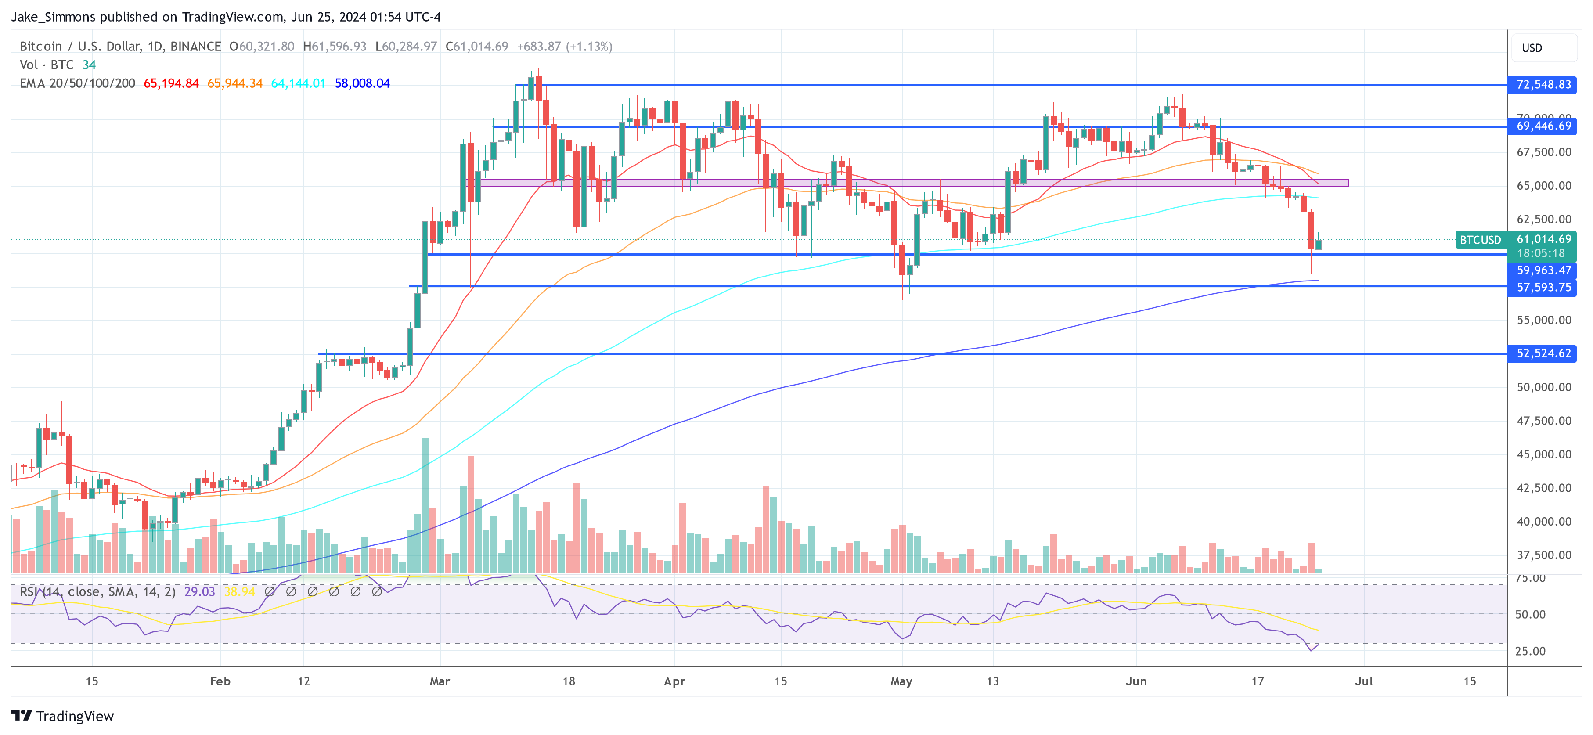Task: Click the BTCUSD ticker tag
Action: [1480, 240]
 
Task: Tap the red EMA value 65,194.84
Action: [171, 83]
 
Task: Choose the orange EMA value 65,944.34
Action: [235, 83]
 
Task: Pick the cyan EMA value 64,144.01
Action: [298, 83]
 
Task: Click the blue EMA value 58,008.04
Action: [362, 83]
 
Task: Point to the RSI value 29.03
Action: [200, 591]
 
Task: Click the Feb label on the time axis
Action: [220, 681]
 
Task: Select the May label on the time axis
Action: [901, 681]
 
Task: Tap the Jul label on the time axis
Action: [1363, 681]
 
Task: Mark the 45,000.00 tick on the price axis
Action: [1543, 454]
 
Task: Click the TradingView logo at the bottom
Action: [62, 716]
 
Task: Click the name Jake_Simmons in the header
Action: [53, 17]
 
